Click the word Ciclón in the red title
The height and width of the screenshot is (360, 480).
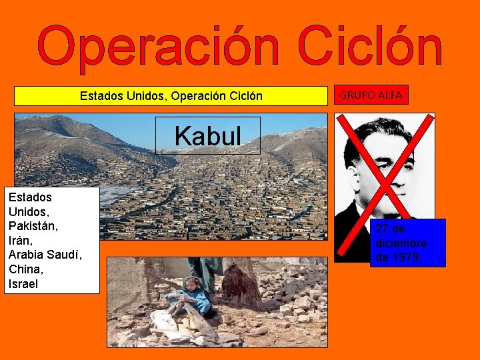click(x=370, y=49)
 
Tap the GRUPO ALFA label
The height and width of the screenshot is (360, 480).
click(x=371, y=95)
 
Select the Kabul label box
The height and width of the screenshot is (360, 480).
click(x=207, y=136)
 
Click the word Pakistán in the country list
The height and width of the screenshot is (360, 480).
click(x=33, y=226)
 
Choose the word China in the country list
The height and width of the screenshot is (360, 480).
click(x=26, y=269)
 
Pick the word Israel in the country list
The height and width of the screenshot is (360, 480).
click(x=24, y=284)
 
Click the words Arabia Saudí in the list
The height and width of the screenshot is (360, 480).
click(x=44, y=255)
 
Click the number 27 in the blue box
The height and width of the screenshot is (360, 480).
click(x=382, y=229)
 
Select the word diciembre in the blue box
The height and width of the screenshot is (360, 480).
click(x=401, y=243)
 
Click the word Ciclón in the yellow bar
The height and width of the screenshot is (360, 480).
click(x=243, y=97)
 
